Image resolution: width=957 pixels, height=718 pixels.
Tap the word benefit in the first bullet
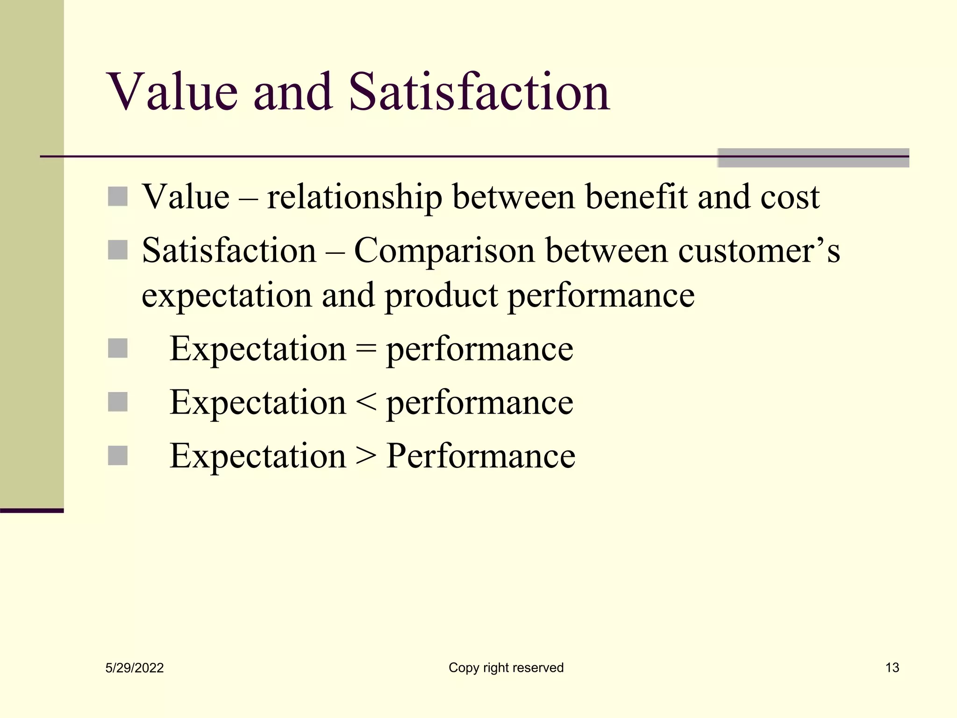click(x=636, y=196)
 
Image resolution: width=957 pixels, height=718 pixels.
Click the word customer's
click(x=759, y=251)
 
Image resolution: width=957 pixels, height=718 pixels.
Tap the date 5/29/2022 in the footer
click(x=135, y=668)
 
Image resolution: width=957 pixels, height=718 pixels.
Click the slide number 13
click(x=892, y=668)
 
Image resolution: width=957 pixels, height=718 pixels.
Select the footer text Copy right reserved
click(x=506, y=668)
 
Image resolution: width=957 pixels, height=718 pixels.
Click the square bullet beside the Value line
click(x=118, y=196)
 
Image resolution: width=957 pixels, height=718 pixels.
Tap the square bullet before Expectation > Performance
click(x=118, y=456)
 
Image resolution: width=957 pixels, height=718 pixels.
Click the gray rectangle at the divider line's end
click(x=813, y=158)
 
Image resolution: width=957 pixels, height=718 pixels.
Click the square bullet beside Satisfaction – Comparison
click(x=118, y=250)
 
